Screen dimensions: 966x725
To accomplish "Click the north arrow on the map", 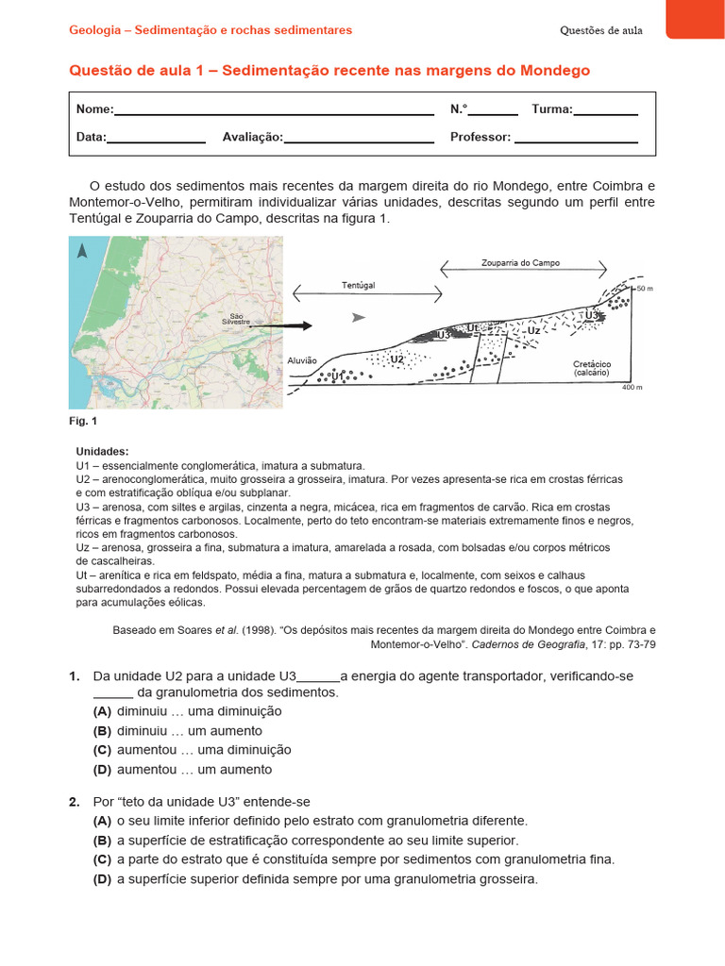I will [82, 251].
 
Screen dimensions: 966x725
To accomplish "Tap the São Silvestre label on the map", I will [235, 319].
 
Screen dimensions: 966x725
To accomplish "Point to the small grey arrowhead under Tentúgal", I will [357, 318].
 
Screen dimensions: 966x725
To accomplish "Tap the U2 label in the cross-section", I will [397, 359].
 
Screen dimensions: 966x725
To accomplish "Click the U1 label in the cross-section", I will [340, 376].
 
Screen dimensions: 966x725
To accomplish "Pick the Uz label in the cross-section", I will [533, 331].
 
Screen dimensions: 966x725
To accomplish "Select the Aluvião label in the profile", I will [302, 360].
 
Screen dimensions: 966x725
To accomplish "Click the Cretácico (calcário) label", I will [592, 368].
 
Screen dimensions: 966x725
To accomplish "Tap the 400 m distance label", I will [632, 388].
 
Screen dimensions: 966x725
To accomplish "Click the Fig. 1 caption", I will [82, 421].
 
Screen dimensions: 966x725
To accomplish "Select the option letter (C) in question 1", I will [102, 750].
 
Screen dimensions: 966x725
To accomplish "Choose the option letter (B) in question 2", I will [102, 840].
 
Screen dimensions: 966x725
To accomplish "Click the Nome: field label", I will [95, 109].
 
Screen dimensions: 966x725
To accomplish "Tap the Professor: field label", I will [481, 137].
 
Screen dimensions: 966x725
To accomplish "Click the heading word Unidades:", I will [102, 452].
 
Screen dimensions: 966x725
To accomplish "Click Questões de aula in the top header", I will [600, 30].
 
